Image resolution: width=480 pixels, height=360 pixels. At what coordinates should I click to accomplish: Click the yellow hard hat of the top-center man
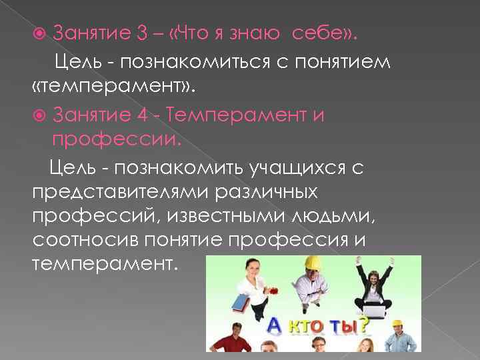312,263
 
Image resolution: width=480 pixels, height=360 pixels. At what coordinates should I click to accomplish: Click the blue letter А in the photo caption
274,327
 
